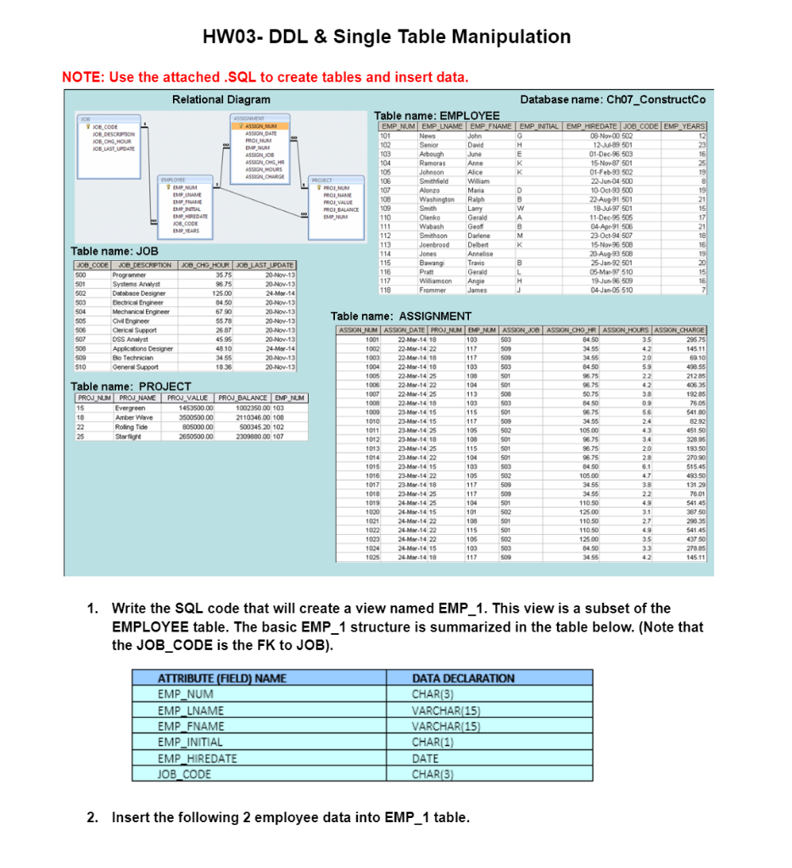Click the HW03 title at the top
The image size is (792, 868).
tap(387, 36)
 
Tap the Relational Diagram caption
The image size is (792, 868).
tap(221, 100)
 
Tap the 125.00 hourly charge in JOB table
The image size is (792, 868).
tap(223, 292)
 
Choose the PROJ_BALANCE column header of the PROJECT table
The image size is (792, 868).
tap(244, 398)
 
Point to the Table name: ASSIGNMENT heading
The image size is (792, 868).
tap(400, 317)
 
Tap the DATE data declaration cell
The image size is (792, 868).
tap(425, 759)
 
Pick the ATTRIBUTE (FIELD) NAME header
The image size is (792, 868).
tap(221, 678)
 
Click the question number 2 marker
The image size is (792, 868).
tap(92, 818)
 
